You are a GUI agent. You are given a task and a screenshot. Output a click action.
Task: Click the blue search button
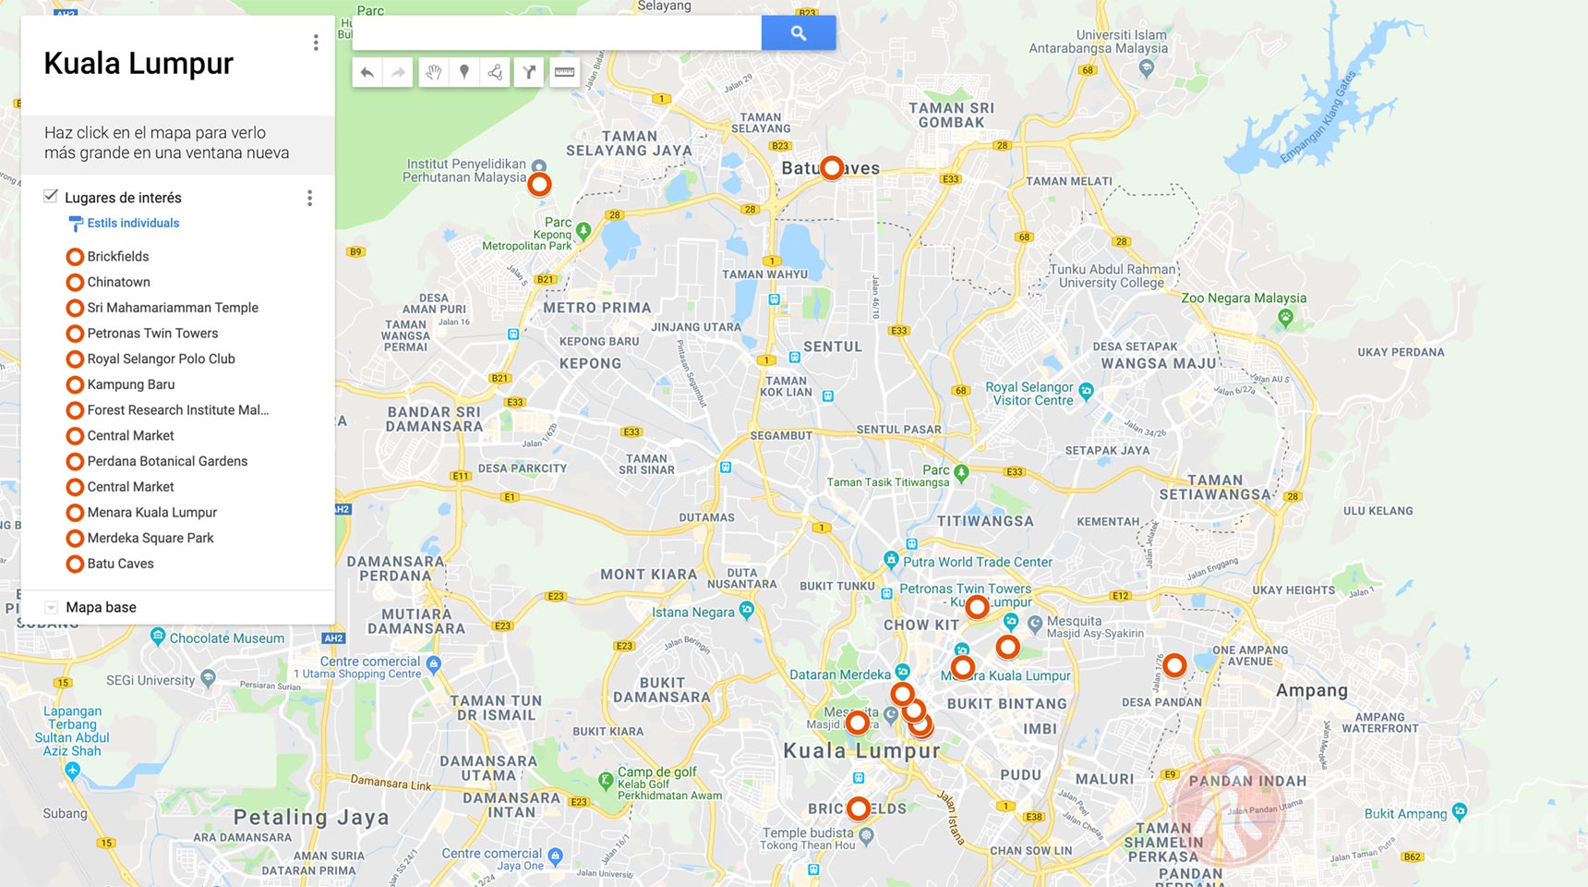(x=798, y=33)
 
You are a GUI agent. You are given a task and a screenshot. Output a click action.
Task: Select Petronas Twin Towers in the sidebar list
(x=152, y=334)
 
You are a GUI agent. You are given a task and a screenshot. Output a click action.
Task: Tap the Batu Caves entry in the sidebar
(x=120, y=564)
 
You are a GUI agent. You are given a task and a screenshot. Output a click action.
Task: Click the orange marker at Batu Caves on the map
(x=832, y=167)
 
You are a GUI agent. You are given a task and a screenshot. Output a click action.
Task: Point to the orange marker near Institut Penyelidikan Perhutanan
(x=539, y=184)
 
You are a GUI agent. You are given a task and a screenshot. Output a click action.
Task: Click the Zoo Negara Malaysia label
(x=1244, y=298)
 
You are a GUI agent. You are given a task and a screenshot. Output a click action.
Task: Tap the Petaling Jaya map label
(x=311, y=818)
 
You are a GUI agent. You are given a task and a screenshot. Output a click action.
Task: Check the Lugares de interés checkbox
(x=51, y=196)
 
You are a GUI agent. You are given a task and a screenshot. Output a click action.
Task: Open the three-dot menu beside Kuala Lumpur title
(x=316, y=43)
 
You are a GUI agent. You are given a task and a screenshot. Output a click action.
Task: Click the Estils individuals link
(x=133, y=224)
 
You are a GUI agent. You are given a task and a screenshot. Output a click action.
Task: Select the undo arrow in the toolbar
(x=367, y=72)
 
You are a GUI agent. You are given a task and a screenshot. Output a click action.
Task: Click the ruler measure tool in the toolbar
(x=564, y=72)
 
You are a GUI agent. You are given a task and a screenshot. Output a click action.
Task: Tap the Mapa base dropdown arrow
(x=52, y=607)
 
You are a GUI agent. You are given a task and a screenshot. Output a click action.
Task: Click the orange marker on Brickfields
(x=859, y=808)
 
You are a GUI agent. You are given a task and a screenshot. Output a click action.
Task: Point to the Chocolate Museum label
(x=226, y=638)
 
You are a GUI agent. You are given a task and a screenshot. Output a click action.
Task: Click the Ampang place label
(x=1311, y=690)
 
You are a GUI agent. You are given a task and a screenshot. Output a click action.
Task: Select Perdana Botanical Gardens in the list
(x=167, y=461)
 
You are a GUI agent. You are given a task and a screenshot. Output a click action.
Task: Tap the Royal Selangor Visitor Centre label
(x=1031, y=394)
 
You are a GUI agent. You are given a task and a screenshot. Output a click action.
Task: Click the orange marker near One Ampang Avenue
(x=1174, y=664)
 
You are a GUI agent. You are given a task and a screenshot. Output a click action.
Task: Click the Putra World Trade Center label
(x=977, y=562)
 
